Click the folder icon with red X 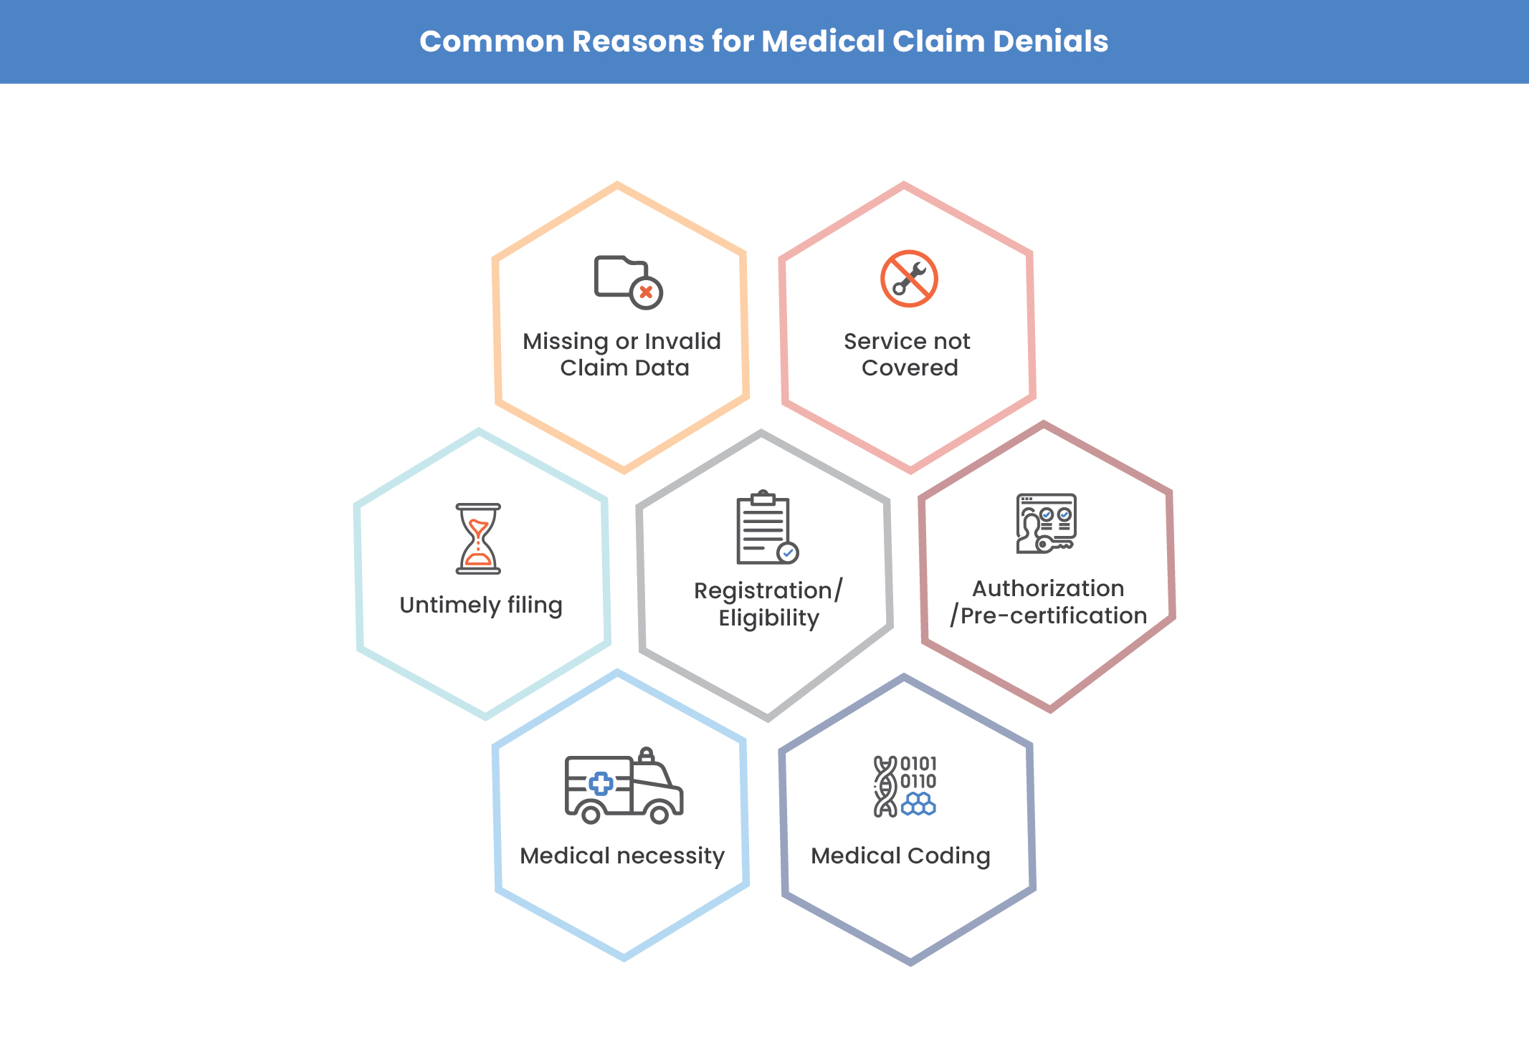(627, 282)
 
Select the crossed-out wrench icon (909, 279)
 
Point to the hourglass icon (478, 539)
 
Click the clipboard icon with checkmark (766, 528)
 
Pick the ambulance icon (623, 785)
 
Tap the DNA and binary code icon (904, 786)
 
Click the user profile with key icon (1046, 523)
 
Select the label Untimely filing (480, 605)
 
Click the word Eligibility (768, 618)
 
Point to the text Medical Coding (900, 856)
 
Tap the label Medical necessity (621, 856)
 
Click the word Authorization (1048, 589)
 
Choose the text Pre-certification (1054, 616)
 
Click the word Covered (909, 368)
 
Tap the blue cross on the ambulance (601, 784)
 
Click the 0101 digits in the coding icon (918, 764)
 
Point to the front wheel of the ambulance (659, 815)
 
